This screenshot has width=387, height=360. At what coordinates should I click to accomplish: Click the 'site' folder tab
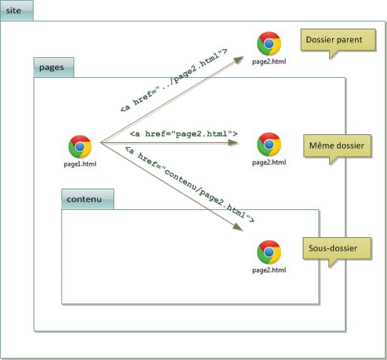tap(16, 11)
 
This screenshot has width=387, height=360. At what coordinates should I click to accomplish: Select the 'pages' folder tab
tap(54, 67)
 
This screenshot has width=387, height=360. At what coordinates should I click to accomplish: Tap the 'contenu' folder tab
tap(88, 199)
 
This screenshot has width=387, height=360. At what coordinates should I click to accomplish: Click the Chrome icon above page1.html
tap(80, 146)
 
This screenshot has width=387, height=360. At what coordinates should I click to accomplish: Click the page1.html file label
tap(80, 164)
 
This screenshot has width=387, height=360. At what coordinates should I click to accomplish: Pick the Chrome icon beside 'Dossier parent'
tap(269, 44)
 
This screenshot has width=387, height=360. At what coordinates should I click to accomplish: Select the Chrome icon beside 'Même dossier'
tap(269, 144)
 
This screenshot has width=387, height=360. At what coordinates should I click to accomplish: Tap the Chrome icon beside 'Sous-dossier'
tap(269, 252)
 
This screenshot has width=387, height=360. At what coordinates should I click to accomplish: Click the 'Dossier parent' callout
tap(338, 40)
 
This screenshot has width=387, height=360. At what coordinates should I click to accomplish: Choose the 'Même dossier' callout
tap(338, 146)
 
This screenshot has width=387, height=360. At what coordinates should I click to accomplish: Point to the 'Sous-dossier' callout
tap(337, 249)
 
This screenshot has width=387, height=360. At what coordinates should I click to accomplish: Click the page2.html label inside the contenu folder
tap(269, 270)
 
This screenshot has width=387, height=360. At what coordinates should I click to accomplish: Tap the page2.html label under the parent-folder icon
tap(269, 61)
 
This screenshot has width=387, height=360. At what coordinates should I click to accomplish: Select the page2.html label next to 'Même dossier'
tap(269, 162)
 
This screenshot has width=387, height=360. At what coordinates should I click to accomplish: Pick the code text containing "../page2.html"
tap(174, 81)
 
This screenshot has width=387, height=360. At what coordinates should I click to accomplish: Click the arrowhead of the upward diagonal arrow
tap(238, 60)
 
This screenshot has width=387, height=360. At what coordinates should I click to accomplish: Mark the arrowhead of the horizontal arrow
tap(233, 142)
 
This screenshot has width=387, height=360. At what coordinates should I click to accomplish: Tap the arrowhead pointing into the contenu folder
tap(238, 227)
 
